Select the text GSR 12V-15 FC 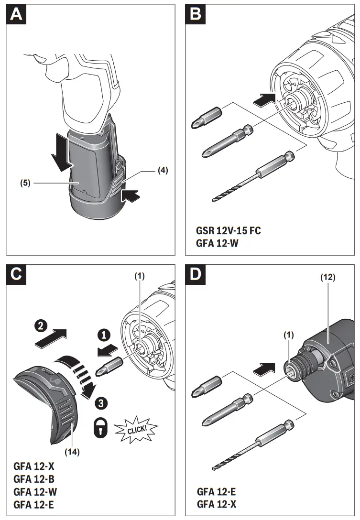(x=228, y=230)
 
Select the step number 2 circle (x=41, y=327)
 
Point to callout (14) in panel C (x=72, y=450)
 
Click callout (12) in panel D (x=328, y=277)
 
